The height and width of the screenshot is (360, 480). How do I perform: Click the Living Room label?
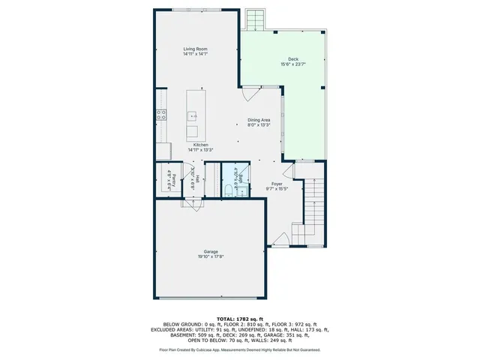(196, 49)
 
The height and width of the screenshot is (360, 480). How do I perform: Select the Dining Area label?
(259, 119)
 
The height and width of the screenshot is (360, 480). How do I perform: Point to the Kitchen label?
(200, 145)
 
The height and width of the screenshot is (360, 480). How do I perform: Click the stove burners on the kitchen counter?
(160, 115)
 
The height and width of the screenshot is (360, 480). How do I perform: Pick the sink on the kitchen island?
(193, 115)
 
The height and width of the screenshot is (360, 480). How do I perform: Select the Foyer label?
(277, 182)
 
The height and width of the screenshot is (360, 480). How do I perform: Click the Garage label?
(211, 251)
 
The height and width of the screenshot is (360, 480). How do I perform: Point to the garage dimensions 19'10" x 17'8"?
(211, 256)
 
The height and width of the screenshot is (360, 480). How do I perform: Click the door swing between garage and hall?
(193, 205)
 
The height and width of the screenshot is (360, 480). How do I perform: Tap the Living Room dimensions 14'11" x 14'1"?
(196, 55)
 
